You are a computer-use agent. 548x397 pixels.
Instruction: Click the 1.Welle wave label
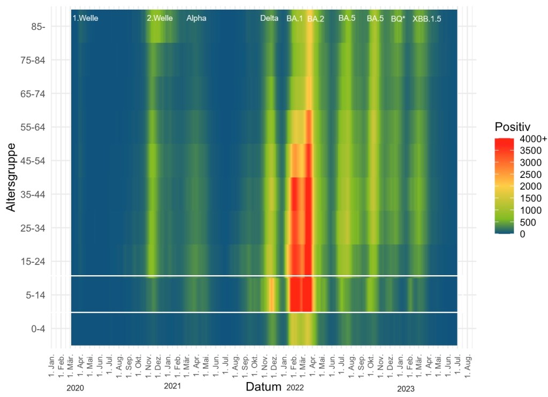[85, 18]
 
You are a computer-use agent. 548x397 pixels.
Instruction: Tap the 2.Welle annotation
[159, 18]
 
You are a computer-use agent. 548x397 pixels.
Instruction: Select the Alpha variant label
[196, 18]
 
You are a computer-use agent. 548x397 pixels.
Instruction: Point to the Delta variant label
[269, 18]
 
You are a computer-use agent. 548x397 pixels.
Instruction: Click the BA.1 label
[294, 19]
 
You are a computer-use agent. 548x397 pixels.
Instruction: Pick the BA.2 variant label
[316, 19]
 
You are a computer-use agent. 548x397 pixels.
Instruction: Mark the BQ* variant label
[398, 19]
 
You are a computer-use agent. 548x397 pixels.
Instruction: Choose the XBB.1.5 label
[427, 19]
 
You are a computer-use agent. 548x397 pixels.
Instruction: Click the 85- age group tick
[38, 27]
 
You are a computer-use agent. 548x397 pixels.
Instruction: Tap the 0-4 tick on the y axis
[38, 329]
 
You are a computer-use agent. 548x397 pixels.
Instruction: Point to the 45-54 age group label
[33, 161]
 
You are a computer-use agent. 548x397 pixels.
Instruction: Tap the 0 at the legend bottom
[522, 234]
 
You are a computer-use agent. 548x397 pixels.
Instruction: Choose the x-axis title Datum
[263, 386]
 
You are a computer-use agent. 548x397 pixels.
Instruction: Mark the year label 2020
[75, 388]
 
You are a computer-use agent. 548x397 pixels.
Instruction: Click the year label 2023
[405, 388]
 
